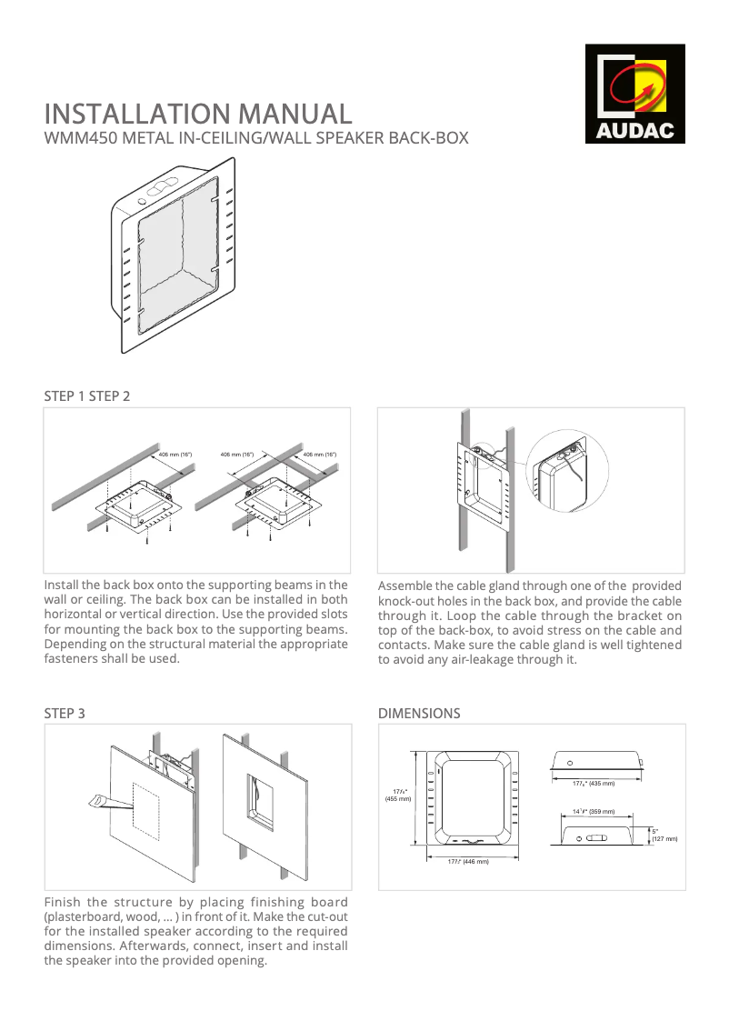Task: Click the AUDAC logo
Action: [x=634, y=94]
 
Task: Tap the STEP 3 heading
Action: [x=65, y=714]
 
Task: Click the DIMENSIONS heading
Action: [x=419, y=714]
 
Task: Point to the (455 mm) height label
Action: [x=397, y=799]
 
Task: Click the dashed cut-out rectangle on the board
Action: [x=146, y=811]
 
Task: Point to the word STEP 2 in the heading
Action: [x=109, y=396]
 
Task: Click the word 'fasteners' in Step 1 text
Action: [x=74, y=659]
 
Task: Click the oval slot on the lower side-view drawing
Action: [x=596, y=836]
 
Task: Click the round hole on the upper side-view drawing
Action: [x=570, y=762]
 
